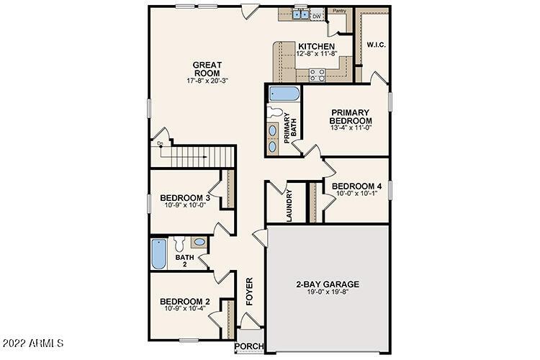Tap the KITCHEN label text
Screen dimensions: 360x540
pyautogui.click(x=317, y=47)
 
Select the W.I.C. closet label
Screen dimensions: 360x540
pyautogui.click(x=376, y=45)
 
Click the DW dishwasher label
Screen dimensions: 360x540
pyautogui.click(x=315, y=16)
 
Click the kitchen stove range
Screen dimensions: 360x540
pyautogui.click(x=316, y=73)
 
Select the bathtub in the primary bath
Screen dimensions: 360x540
pyautogui.click(x=284, y=94)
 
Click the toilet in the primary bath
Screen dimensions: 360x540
pyautogui.click(x=274, y=113)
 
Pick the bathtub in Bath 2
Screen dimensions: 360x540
pyautogui.click(x=158, y=254)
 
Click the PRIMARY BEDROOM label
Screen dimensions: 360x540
pyautogui.click(x=351, y=116)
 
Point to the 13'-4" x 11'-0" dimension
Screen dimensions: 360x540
pyautogui.click(x=351, y=128)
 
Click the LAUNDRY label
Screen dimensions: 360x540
pyautogui.click(x=289, y=206)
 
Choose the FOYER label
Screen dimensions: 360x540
pyautogui.click(x=250, y=292)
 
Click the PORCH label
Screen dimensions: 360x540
pyautogui.click(x=251, y=346)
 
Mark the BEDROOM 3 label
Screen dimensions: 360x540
pyautogui.click(x=185, y=198)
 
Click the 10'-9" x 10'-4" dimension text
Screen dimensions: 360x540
pyautogui.click(x=185, y=310)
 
